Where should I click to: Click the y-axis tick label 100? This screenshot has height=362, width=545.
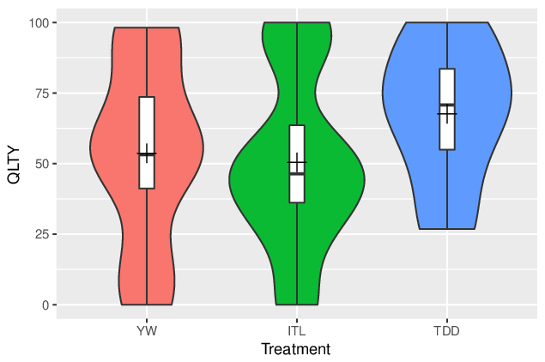point(39,23)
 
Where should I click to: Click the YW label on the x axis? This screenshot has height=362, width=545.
point(147,331)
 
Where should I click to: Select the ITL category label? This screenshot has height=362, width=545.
point(297,331)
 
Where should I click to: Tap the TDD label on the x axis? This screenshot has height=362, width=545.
point(447,331)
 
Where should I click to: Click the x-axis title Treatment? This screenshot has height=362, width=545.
point(296,349)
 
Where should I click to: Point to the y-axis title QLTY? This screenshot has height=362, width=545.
point(14,165)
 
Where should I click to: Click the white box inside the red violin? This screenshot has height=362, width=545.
point(147,142)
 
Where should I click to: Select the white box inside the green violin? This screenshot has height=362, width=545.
point(297,164)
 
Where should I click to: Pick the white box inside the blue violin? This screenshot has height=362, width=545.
point(447,109)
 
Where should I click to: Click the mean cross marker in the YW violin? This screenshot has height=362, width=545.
point(147,154)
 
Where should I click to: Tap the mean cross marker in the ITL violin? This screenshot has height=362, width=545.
point(297,162)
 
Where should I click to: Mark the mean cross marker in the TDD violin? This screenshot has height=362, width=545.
point(447,113)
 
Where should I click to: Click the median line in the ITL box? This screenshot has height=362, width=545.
point(297,173)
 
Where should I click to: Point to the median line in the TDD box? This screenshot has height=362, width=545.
point(447,105)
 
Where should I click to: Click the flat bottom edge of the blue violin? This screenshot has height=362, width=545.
point(447,229)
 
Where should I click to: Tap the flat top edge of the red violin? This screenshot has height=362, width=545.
point(147,27)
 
